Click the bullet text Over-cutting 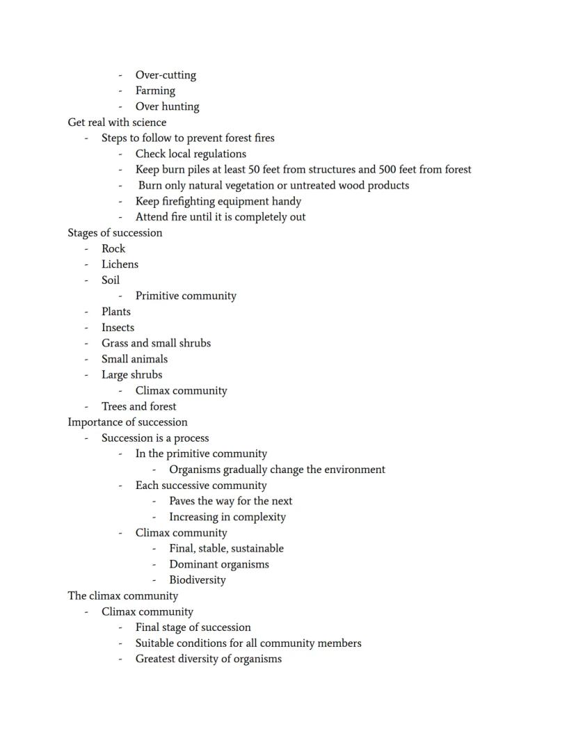tap(166, 75)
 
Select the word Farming tap(155, 90)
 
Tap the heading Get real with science tap(117, 122)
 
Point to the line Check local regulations tap(191, 154)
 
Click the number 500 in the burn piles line tap(387, 170)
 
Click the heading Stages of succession tap(115, 233)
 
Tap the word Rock tap(113, 249)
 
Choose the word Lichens tap(120, 264)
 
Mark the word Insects tap(118, 328)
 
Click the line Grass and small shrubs tap(156, 343)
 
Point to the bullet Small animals tap(134, 359)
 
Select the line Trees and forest tap(138, 406)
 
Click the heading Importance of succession tap(127, 422)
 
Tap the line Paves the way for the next tap(230, 501)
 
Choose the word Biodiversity tap(197, 580)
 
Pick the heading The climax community tap(122, 596)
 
